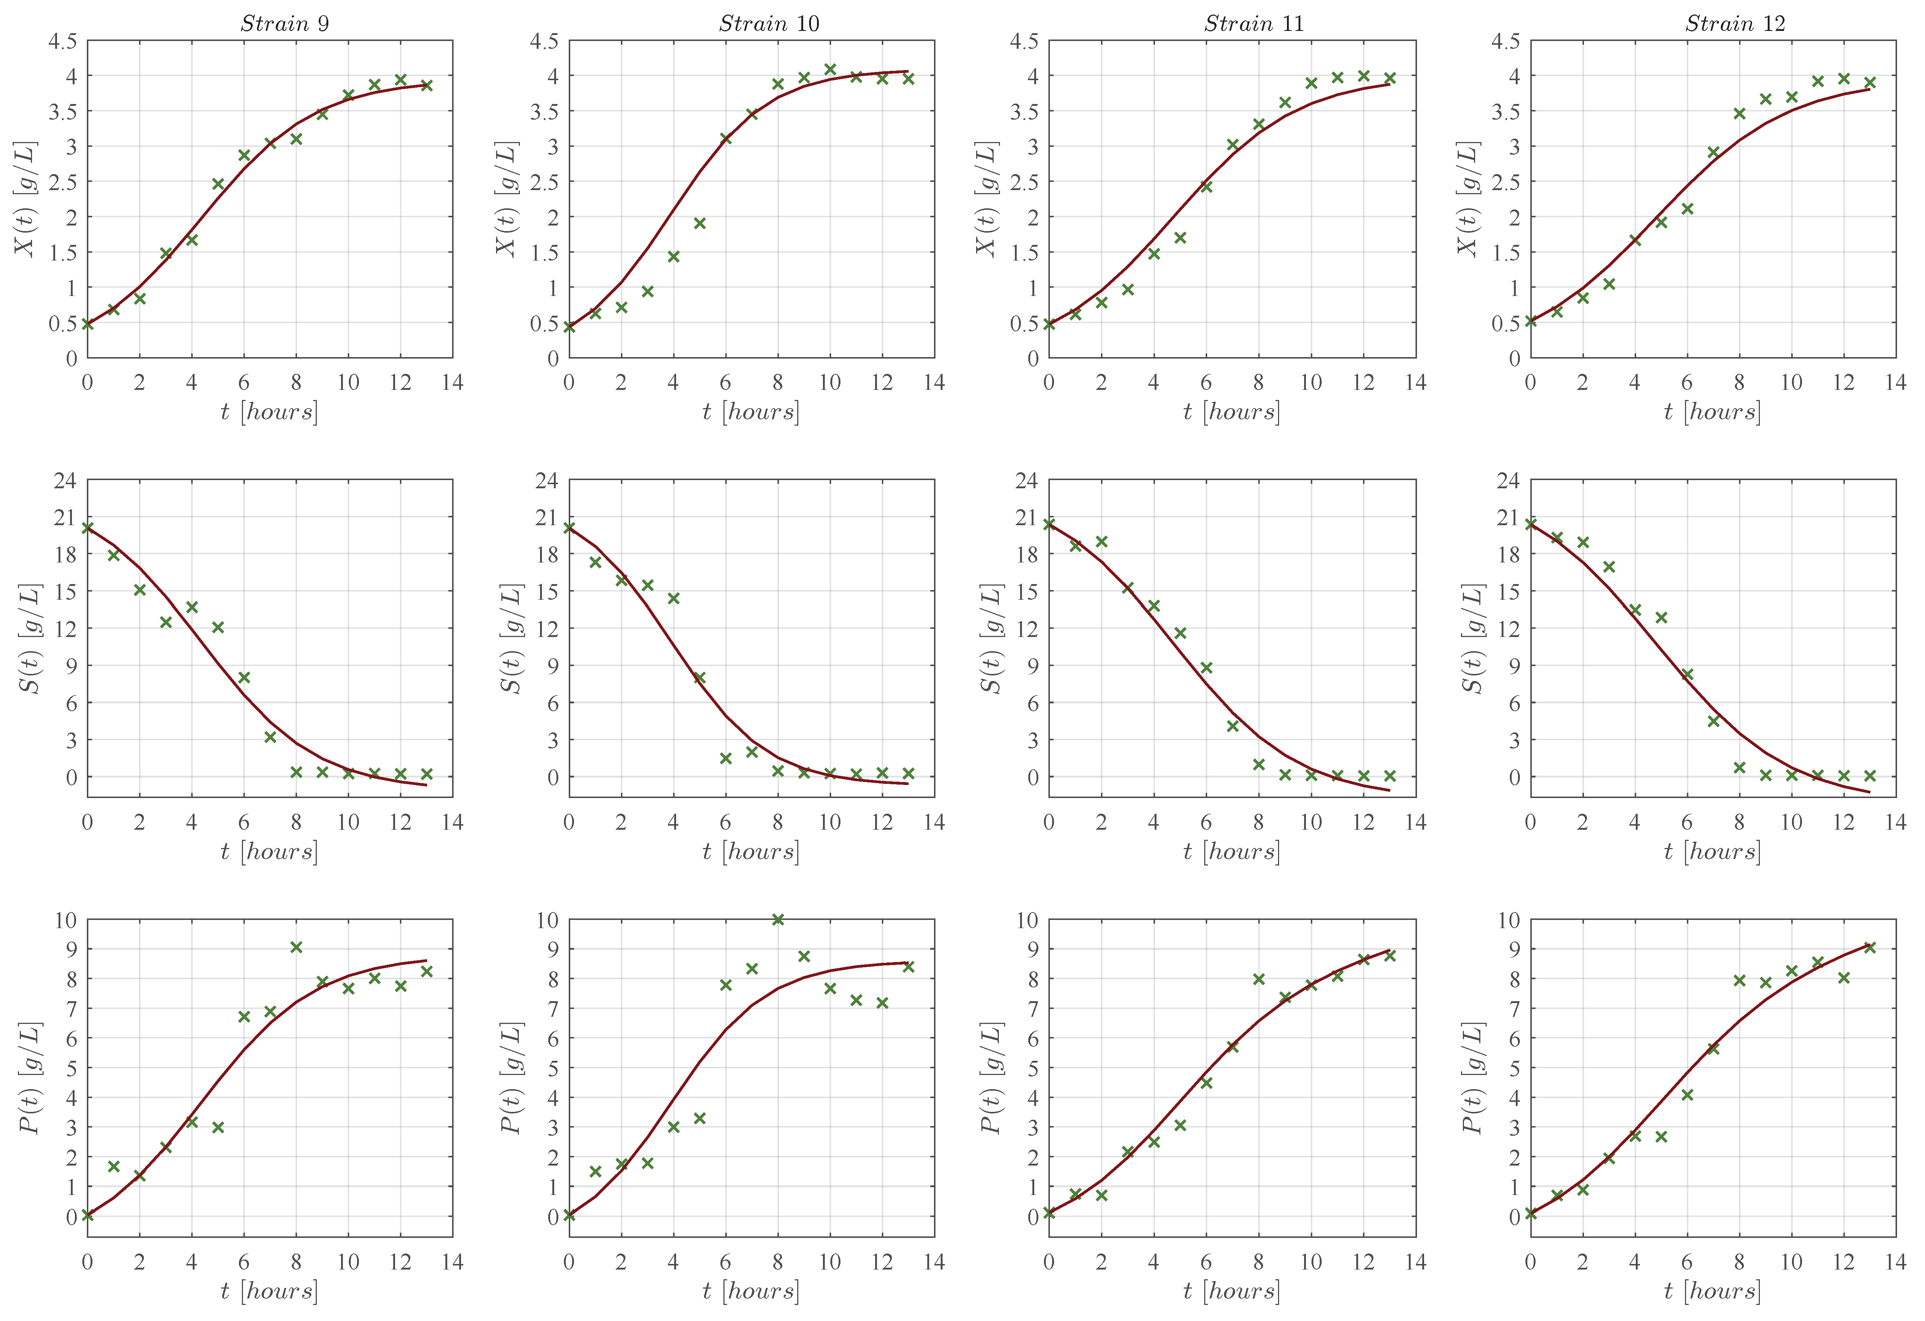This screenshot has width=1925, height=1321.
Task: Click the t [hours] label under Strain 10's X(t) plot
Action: (x=751, y=412)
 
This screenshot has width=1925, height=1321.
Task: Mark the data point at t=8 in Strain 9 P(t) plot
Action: (x=297, y=947)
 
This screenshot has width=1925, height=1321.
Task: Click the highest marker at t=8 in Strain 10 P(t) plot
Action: (x=778, y=919)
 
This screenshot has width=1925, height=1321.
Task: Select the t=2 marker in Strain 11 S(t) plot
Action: (x=1101, y=542)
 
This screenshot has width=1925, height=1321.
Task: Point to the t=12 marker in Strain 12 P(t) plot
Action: (x=1844, y=977)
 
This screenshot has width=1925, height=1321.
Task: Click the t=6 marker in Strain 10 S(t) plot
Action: (x=726, y=758)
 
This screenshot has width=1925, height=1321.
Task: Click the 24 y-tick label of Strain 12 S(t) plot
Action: (x=1508, y=480)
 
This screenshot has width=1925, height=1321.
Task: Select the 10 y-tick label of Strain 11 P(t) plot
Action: (x=1026, y=920)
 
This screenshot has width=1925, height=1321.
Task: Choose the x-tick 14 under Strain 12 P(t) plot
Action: (x=1895, y=1262)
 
